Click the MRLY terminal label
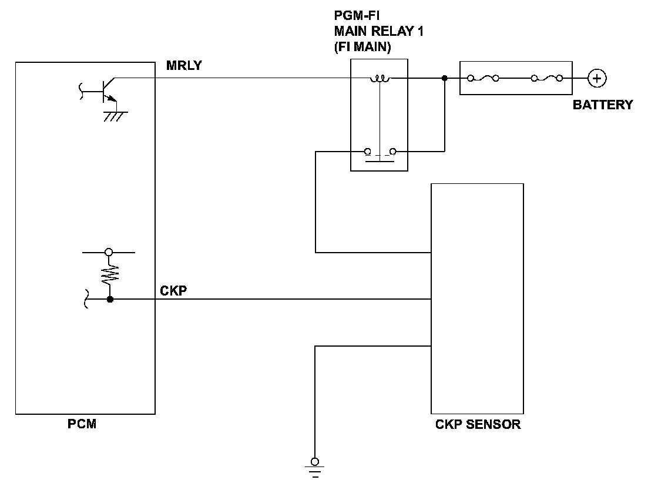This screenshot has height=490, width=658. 184,65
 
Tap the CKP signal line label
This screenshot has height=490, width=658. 173,290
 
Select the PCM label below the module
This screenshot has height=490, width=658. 82,424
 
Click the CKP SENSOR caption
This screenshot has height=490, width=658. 478,424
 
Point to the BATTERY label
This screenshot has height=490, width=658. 603,105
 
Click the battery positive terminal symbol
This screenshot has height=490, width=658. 597,79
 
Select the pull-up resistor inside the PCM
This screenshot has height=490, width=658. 110,275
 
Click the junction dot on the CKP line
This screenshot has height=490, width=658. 110,299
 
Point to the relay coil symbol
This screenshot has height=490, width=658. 380,78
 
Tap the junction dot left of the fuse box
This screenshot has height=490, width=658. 445,78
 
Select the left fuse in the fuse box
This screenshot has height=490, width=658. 483,78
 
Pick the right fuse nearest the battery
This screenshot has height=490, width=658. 547,78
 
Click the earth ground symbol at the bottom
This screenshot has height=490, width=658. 315,467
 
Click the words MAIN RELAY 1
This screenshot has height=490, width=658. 378,31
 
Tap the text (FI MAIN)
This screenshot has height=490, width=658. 362,46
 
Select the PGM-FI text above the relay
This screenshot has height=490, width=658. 357,15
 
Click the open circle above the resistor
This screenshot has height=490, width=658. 109,252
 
